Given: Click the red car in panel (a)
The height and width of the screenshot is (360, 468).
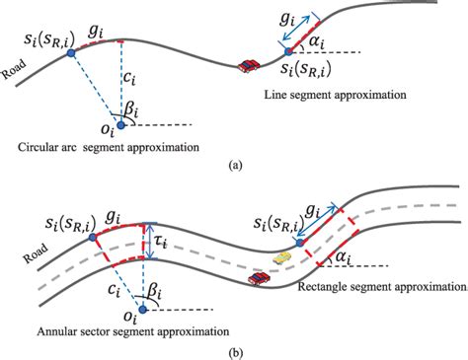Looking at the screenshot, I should (x=249, y=65).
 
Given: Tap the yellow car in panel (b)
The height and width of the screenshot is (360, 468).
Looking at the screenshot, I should (x=282, y=257).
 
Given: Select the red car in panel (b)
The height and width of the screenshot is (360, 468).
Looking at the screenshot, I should (x=260, y=280).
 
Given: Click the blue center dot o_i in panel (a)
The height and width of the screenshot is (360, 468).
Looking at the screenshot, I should (x=121, y=125).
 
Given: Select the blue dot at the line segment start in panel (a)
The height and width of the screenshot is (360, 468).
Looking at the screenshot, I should (x=286, y=49).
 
